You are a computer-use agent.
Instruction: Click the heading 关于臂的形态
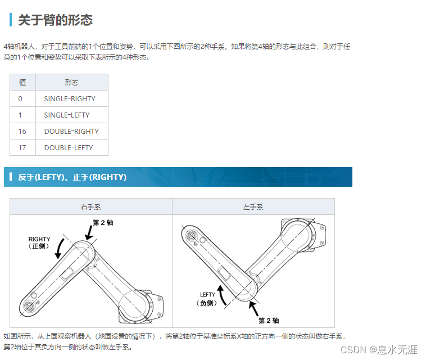(55, 20)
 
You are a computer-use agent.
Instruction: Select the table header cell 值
(22, 82)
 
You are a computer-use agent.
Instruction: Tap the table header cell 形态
(71, 82)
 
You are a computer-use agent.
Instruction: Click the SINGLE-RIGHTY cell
(70, 98)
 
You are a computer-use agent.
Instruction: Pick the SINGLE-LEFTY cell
(67, 115)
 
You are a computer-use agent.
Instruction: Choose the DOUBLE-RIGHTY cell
(71, 131)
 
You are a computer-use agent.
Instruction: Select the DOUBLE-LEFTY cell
(69, 147)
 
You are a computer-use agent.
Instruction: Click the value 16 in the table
(22, 131)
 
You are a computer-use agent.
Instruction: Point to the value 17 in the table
(22, 147)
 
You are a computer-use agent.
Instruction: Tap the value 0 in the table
(20, 98)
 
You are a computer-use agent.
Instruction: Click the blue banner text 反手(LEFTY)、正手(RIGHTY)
(72, 177)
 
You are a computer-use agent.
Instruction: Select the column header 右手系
(90, 207)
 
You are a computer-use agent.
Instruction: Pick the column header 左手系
(253, 207)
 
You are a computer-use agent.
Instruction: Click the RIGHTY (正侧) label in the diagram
(39, 242)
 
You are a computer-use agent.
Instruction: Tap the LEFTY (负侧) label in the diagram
(207, 299)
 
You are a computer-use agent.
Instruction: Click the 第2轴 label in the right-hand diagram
(268, 321)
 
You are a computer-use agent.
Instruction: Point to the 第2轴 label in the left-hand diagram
(103, 223)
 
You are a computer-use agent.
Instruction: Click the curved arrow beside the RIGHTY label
(58, 249)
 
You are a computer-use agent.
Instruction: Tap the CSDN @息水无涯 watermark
(379, 350)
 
